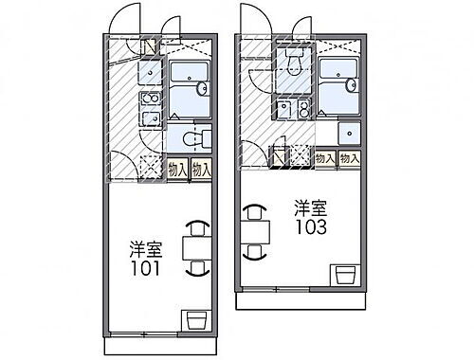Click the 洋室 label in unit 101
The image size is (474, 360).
click(x=145, y=250)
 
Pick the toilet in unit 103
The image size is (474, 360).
click(x=293, y=60)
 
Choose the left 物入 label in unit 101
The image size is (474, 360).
click(x=177, y=169)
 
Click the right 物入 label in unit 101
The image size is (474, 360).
click(x=201, y=169)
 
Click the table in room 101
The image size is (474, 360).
click(x=196, y=247)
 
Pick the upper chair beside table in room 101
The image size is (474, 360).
click(x=196, y=226)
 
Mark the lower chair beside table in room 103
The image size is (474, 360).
click(x=252, y=251)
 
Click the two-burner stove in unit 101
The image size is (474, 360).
click(x=150, y=108)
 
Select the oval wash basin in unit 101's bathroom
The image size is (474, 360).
click(x=203, y=89)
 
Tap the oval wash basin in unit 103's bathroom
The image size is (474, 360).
click(x=354, y=86)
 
